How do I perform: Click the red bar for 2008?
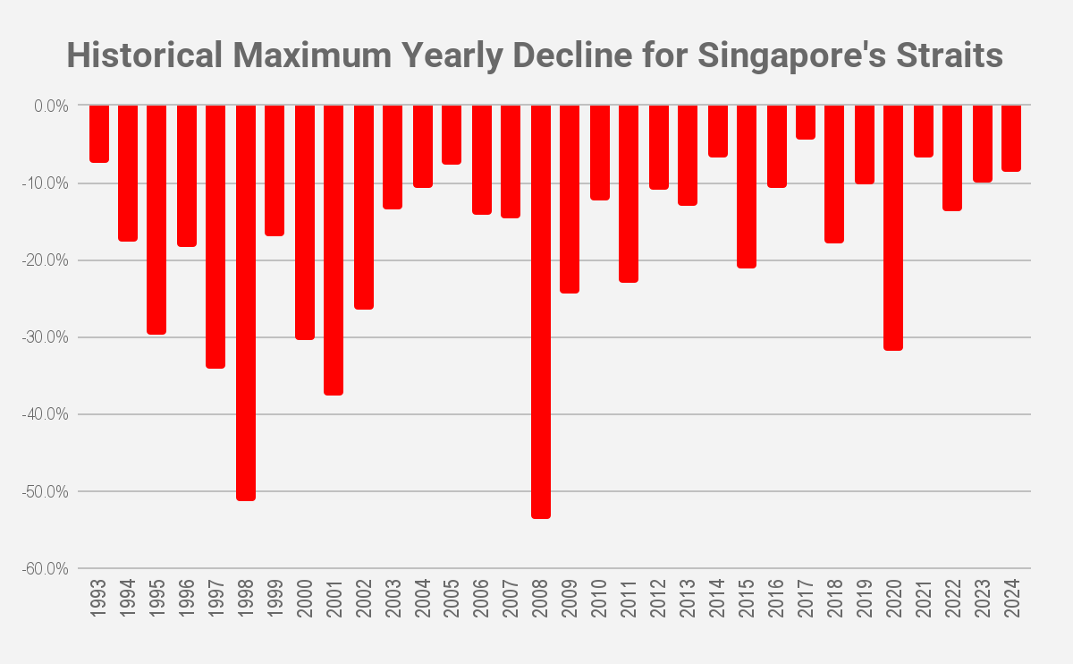[x=541, y=311]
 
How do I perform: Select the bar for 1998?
[x=246, y=302]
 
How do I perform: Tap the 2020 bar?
[x=893, y=227]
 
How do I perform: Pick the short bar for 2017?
[x=806, y=123]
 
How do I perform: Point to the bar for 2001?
[x=334, y=250]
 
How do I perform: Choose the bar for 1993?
[x=99, y=134]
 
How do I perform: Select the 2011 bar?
[x=629, y=193]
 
